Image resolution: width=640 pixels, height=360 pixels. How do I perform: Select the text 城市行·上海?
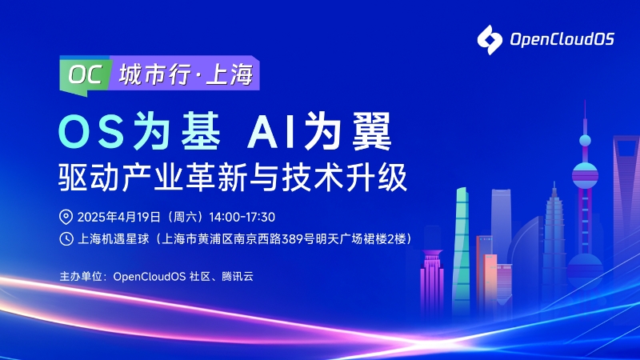[186, 75]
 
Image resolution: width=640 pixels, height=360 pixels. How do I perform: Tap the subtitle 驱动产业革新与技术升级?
[227, 176]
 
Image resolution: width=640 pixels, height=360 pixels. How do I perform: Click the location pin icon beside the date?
[66, 217]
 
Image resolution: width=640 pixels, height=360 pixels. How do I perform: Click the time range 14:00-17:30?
[242, 217]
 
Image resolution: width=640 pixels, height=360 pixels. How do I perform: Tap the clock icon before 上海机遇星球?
[66, 238]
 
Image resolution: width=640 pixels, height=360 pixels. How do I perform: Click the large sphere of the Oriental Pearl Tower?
[585, 173]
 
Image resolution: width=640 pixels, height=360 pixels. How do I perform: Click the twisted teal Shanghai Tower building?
[462, 240]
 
